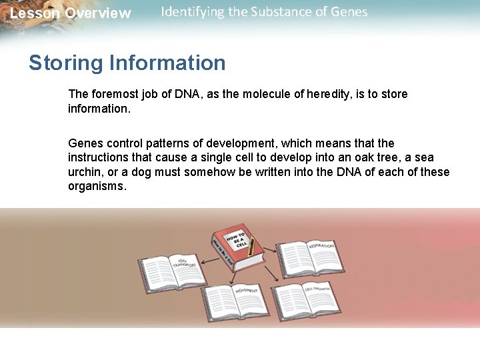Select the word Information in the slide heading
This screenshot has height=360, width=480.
tap(167, 63)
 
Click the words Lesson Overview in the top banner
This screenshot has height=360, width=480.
tap(71, 13)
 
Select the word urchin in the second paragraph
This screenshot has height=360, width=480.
tap(84, 172)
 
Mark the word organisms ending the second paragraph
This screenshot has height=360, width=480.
tap(97, 187)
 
